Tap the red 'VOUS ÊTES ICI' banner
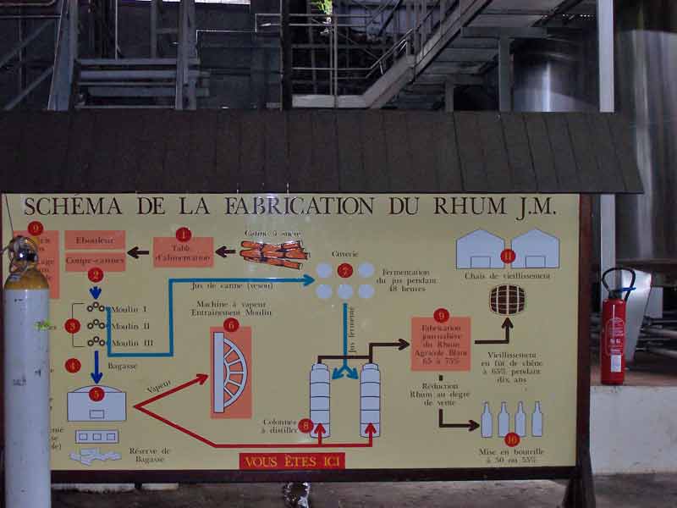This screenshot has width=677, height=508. coord(292,461)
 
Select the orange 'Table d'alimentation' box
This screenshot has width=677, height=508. coord(183,252)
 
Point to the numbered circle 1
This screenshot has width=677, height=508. coord(183,235)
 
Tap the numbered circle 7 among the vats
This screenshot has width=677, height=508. coord(344,271)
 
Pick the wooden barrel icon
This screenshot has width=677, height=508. coord(507,300)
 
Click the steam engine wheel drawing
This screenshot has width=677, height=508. coord(231,372)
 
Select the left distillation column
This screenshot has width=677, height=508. coord(320,399)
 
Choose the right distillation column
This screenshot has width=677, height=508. coord(370,399)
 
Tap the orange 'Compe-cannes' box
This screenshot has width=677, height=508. coord(95,261)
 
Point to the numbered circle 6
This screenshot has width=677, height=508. coord(231,324)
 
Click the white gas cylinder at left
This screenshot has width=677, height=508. coord(27,381)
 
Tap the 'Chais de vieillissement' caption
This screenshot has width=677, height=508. coord(507,276)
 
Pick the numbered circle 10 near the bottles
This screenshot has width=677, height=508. coord(512,439)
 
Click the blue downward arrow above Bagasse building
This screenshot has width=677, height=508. coord(96,367)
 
